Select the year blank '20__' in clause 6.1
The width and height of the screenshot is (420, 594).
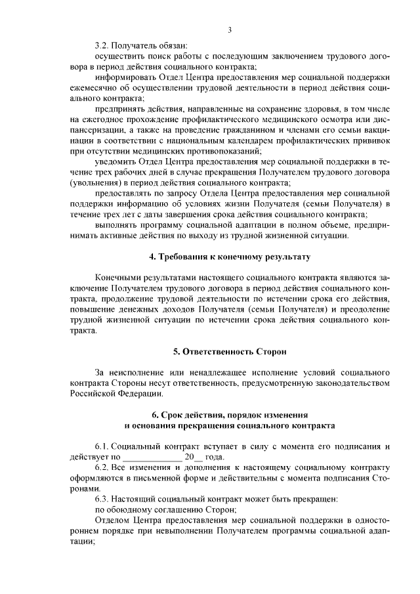pos(194,457)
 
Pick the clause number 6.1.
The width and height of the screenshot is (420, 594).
pos(102,446)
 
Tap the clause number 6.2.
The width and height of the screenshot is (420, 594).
pos(102,467)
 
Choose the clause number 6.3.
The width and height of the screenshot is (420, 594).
pos(102,499)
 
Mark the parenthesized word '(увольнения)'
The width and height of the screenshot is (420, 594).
pos(97,182)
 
